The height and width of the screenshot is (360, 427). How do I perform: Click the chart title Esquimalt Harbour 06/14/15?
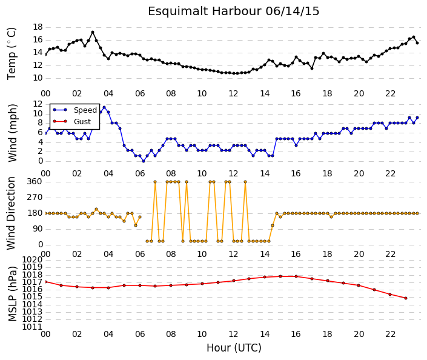233,11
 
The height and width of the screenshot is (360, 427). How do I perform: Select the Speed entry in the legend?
85,110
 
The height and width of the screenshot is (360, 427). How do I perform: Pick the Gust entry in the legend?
82,122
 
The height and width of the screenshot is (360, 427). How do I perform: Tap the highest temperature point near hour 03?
93,32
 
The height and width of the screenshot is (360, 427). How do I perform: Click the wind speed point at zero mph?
144,161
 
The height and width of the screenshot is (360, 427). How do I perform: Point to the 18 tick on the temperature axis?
38,27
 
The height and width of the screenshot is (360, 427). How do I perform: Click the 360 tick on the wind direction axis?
35,181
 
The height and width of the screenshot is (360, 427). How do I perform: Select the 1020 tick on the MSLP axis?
33,259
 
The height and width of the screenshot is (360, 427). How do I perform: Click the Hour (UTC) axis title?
234,348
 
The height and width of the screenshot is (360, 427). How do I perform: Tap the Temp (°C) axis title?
12,54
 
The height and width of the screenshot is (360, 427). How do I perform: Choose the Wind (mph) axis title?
12,133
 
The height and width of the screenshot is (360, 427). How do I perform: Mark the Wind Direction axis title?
11,213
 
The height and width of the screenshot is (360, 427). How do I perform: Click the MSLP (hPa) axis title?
12,294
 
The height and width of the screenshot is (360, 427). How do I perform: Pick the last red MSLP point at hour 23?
406,298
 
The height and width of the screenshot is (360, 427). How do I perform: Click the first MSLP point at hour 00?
45,282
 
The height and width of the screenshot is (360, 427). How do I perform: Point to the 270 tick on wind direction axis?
35,198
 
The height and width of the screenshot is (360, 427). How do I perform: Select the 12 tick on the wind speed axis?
38,104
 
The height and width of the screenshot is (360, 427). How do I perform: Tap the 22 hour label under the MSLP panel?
390,334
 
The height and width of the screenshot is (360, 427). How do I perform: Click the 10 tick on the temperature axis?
38,78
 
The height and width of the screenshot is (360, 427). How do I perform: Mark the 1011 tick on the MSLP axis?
33,327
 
